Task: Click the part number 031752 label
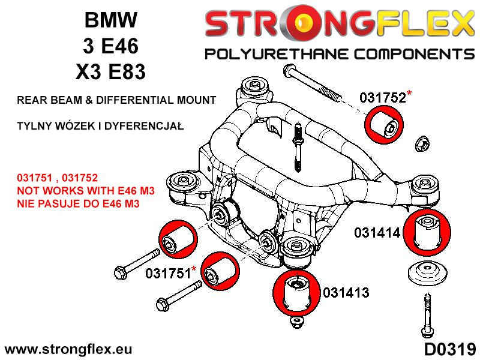382,98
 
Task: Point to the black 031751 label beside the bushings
168,274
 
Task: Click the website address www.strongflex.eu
68,349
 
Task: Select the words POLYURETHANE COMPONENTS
339,55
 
